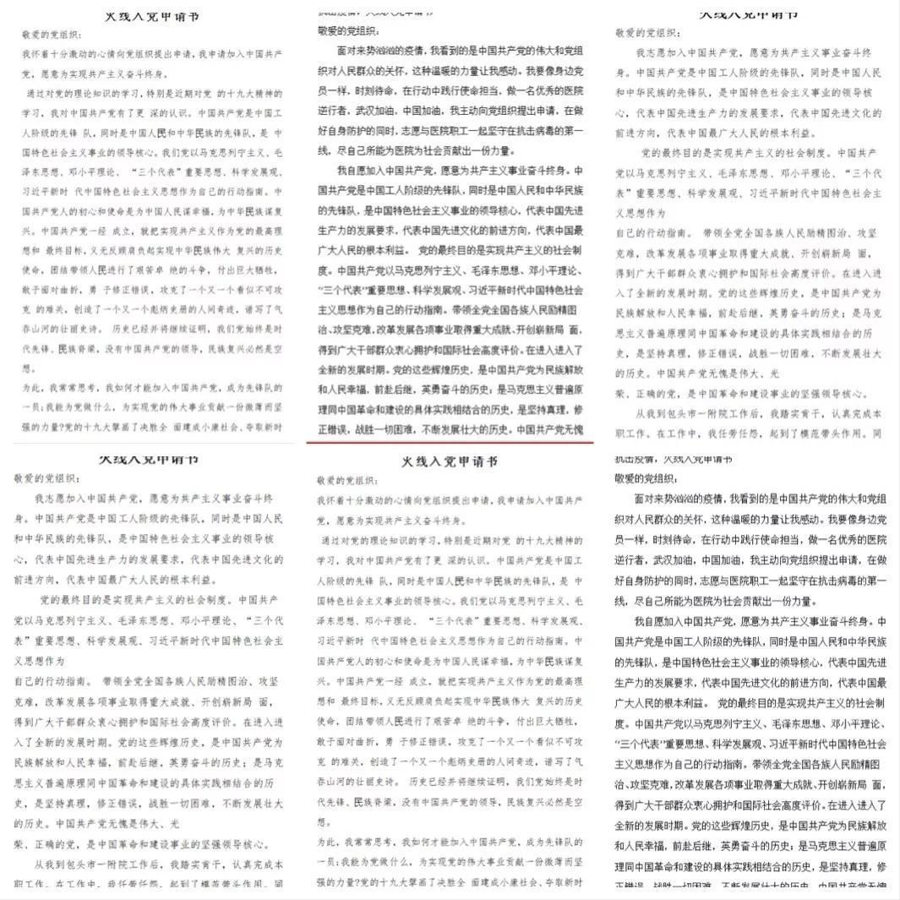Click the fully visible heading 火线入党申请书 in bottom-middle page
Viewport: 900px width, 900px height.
tap(450, 462)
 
